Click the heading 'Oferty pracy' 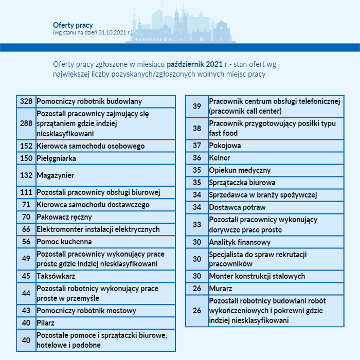73,25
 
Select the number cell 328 26,101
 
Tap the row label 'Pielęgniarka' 57,158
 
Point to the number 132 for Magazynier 26,175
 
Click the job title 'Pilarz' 46,323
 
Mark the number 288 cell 26,123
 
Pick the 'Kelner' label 220,158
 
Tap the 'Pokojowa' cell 225,146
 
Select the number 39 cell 197,106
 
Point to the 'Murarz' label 221,289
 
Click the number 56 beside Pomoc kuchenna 26,242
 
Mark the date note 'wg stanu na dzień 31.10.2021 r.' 93,32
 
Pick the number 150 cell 26,158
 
